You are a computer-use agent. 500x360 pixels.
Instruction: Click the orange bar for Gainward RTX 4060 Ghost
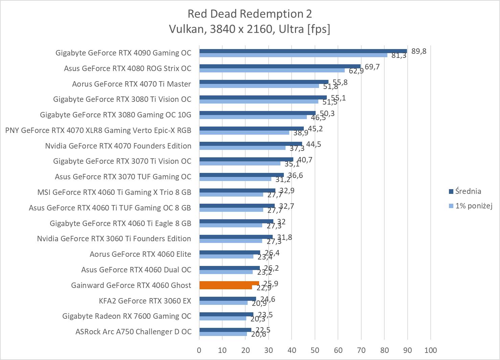tap(229, 283)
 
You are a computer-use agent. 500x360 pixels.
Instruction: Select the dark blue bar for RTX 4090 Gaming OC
tap(303, 51)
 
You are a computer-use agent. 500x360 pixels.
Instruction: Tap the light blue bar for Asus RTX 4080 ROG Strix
tap(272, 70)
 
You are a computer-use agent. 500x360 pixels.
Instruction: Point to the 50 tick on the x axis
tap(315, 350)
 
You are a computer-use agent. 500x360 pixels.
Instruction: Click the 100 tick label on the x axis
tap(430, 350)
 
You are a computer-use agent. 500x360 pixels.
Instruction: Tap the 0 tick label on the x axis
tap(199, 350)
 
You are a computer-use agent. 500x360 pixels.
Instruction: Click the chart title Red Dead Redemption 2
tap(250, 14)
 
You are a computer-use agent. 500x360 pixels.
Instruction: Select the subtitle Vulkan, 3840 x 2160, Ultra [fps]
tap(250, 29)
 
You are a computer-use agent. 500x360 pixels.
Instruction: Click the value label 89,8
tap(419, 51)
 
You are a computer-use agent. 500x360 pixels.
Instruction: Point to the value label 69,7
tap(372, 67)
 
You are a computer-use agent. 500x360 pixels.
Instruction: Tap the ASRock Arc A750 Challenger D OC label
tap(133, 332)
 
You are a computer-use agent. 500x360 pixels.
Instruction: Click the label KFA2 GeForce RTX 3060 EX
tap(145, 301)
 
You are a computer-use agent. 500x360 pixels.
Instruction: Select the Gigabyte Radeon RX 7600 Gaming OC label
tap(127, 316)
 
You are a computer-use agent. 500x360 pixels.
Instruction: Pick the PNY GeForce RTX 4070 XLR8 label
tap(98, 130)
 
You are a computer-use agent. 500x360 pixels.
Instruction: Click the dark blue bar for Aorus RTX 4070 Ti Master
tap(264, 82)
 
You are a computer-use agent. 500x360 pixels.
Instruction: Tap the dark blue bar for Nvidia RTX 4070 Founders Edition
tap(250, 144)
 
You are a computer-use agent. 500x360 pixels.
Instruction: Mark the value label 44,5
tap(313, 144)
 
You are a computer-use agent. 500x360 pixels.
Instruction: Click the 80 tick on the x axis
tap(384, 350)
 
